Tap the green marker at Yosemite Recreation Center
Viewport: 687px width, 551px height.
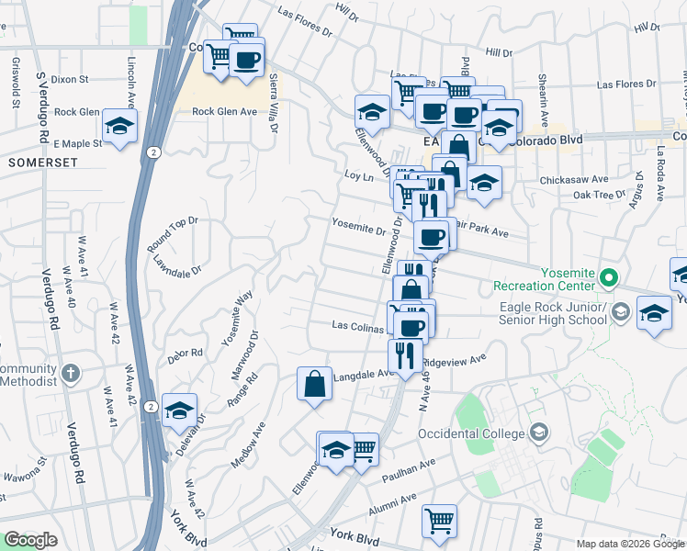click(607, 276)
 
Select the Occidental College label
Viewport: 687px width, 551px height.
click(472, 433)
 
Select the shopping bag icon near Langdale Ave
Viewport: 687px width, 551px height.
click(314, 383)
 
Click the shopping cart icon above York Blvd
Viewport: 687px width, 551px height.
click(439, 520)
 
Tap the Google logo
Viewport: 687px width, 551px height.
click(30, 540)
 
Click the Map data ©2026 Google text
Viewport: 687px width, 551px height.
click(630, 543)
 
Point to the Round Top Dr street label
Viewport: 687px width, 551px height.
click(173, 234)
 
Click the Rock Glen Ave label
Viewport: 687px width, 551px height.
click(224, 112)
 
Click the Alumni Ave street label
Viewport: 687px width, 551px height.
click(393, 500)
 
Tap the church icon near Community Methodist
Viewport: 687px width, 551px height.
click(73, 375)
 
